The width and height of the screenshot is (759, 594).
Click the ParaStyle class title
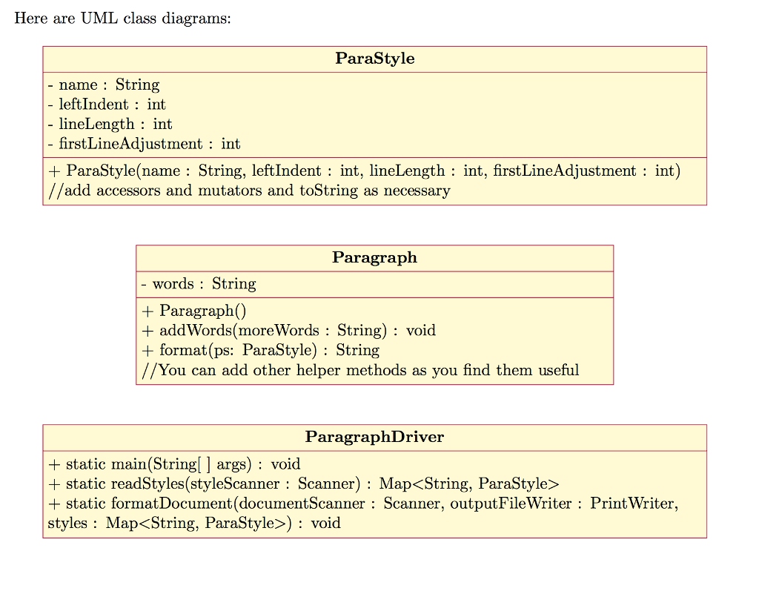pos(374,59)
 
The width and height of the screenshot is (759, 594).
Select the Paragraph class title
pos(374,258)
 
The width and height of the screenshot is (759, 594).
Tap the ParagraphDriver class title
pos(374,437)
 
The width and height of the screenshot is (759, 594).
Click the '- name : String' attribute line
pos(104,85)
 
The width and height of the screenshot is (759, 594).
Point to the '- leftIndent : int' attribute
pos(107,105)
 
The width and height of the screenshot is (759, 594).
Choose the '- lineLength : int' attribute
pos(110,124)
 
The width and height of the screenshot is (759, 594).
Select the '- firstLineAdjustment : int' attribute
pos(145,144)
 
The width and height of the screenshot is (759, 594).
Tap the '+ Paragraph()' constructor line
pos(193,311)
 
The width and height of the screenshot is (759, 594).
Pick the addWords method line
pos(288,330)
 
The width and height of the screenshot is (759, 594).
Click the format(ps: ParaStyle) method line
pos(260,350)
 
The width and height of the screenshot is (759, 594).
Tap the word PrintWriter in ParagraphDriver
pos(634,504)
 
